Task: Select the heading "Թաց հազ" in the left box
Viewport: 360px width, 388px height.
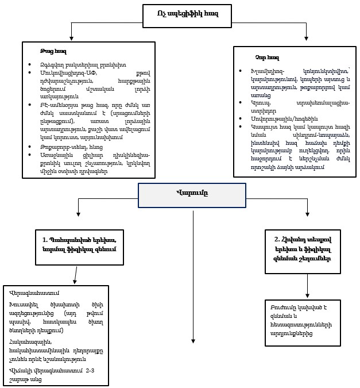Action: [50, 52]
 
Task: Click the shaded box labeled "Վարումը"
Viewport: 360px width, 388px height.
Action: [192, 193]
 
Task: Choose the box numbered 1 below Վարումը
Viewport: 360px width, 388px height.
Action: [79, 245]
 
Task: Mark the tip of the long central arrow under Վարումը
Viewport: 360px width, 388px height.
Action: [193, 343]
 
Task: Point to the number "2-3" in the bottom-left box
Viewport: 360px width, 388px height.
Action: [90, 372]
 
